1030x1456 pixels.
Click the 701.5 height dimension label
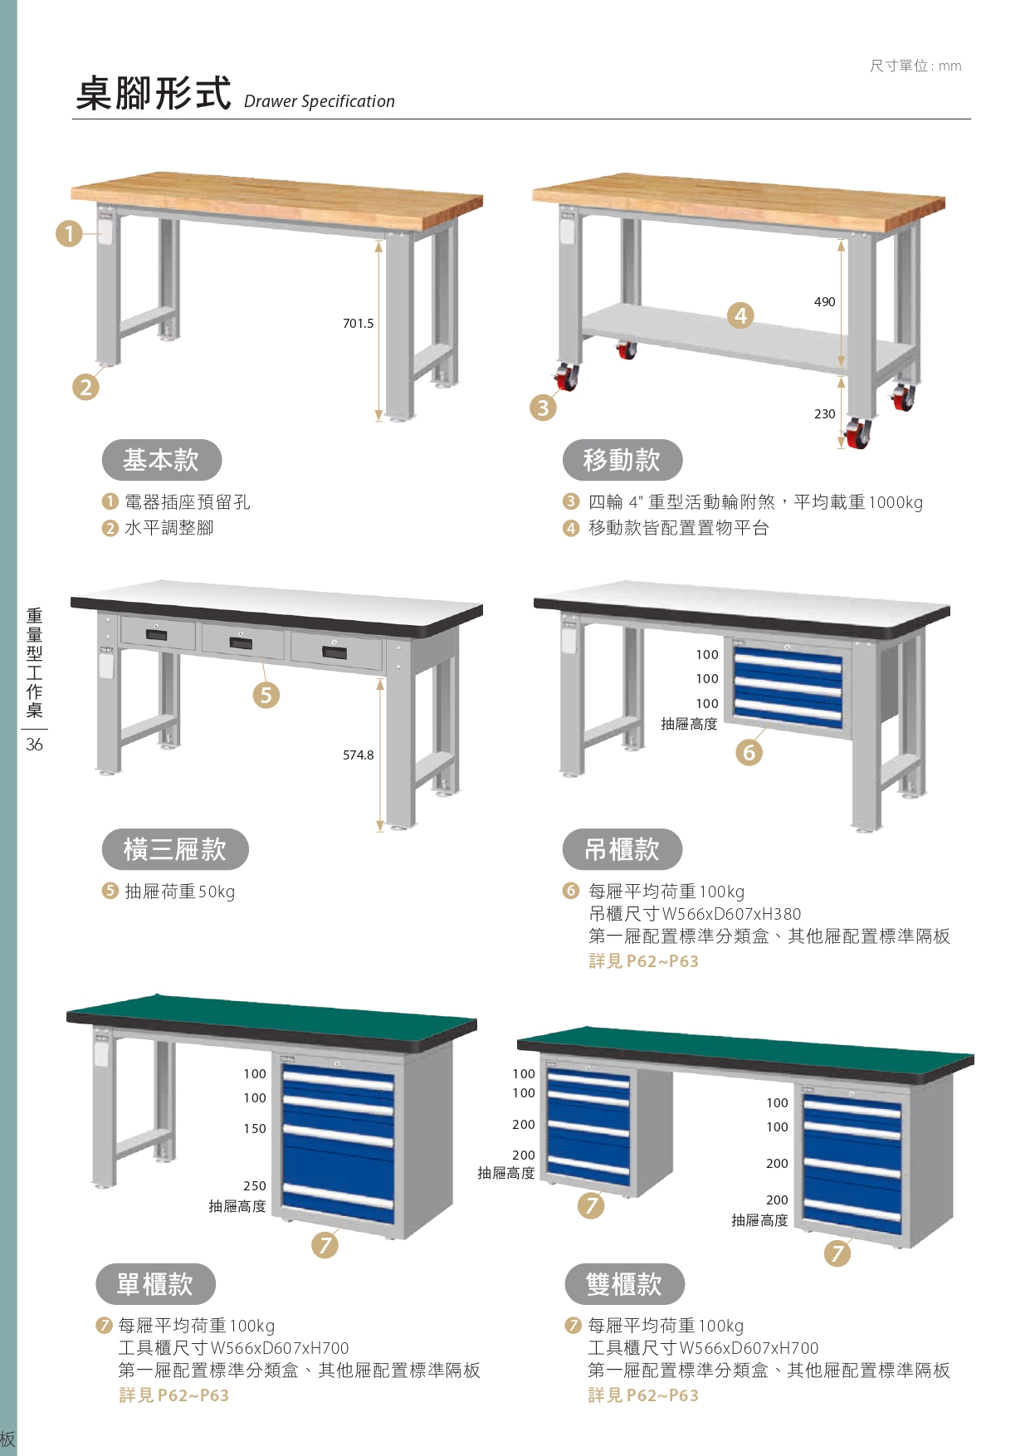coord(359,324)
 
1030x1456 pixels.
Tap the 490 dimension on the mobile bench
coord(824,302)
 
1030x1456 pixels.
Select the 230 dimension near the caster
coord(824,414)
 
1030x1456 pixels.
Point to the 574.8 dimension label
coord(359,755)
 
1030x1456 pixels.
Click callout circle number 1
coord(70,233)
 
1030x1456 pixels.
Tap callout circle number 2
coord(85,387)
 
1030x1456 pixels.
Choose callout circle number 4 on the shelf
coord(740,315)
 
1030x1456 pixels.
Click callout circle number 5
coord(266,695)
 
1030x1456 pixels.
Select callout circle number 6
coord(749,752)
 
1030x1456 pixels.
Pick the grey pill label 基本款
coord(162,460)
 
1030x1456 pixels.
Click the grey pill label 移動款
coord(622,460)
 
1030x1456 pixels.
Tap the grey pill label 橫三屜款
coord(175,849)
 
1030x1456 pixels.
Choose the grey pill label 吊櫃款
coord(622,849)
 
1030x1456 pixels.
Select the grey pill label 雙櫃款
coord(624,1284)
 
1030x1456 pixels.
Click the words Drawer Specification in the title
coord(320,101)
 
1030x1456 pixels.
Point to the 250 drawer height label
coord(255,1186)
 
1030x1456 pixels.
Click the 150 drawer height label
coord(255,1129)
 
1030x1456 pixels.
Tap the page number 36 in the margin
coord(34,745)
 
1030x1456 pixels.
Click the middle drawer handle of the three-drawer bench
coord(241,642)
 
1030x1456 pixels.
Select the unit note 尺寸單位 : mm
coord(915,66)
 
